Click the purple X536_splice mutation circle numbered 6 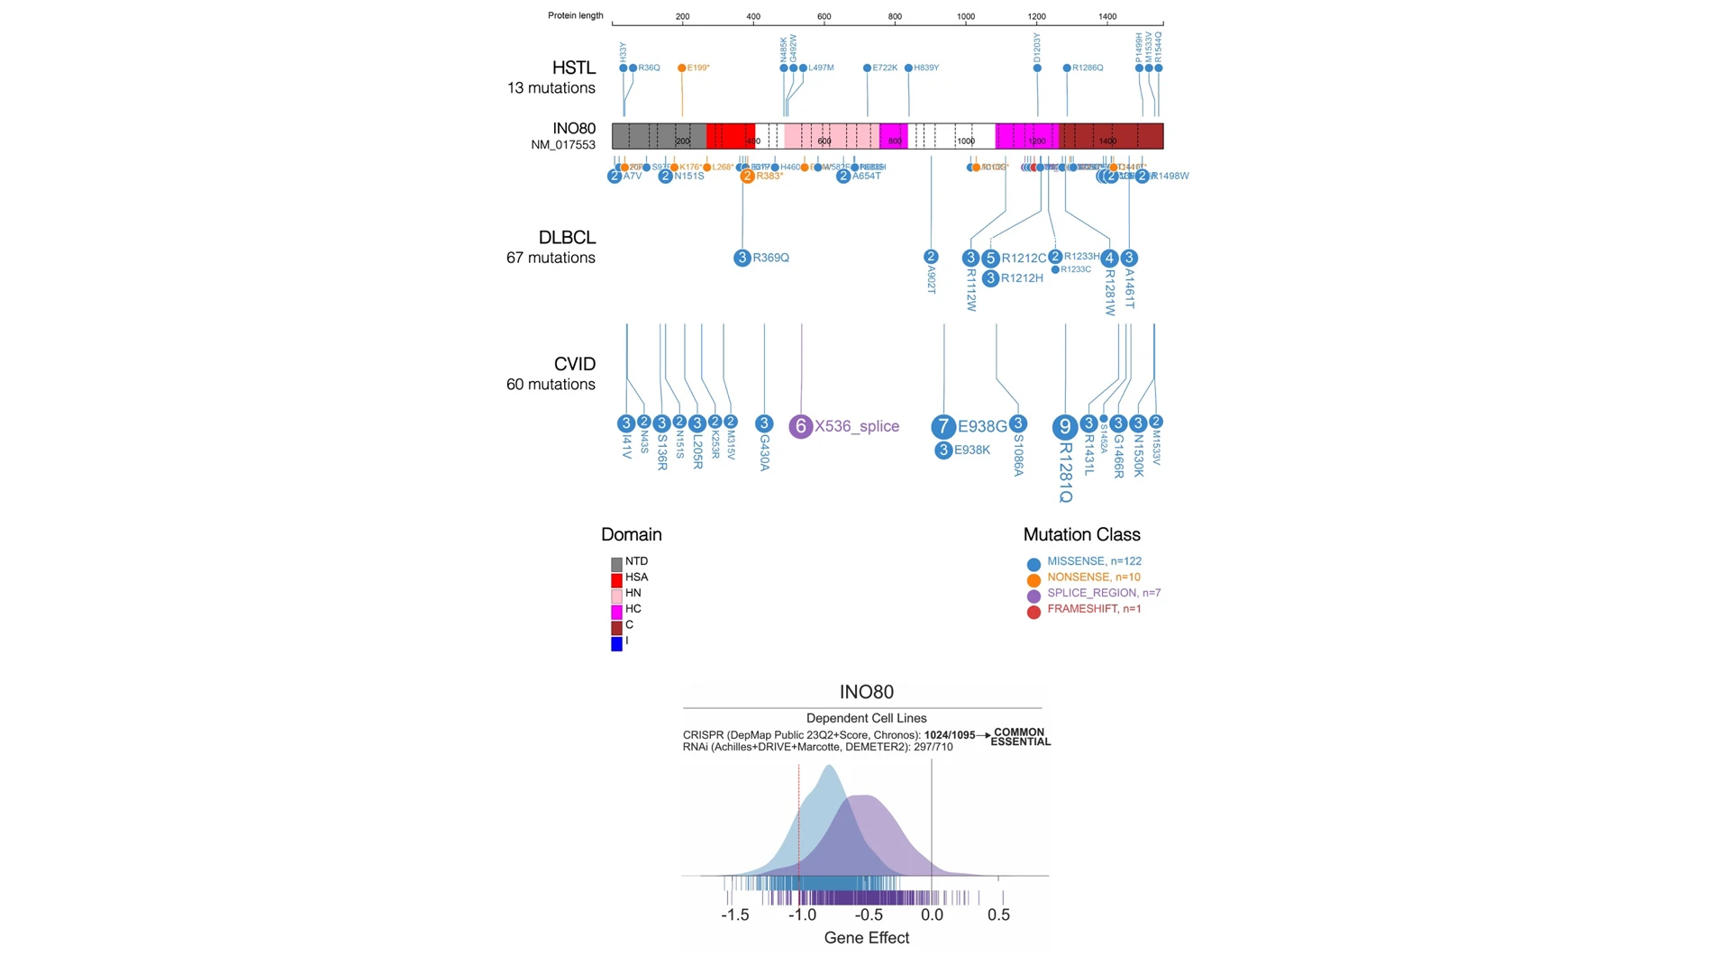tap(800, 426)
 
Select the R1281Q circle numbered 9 tap(1065, 426)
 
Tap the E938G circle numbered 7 tap(943, 426)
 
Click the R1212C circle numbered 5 tap(990, 259)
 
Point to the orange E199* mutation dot tap(681, 68)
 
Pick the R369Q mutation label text tap(770, 258)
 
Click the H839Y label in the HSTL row tap(926, 68)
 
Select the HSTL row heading tap(573, 68)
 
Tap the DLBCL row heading tap(567, 238)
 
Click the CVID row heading tap(574, 364)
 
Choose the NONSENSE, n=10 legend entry tap(1093, 577)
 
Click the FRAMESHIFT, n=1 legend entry tap(1093, 609)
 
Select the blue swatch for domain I tap(616, 644)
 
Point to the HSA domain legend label tap(636, 577)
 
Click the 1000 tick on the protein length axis tap(965, 16)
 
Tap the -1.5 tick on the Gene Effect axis tap(734, 914)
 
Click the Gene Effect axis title tap(866, 938)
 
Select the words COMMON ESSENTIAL tap(1020, 737)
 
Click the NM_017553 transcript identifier tap(562, 145)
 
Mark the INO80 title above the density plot tap(866, 692)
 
